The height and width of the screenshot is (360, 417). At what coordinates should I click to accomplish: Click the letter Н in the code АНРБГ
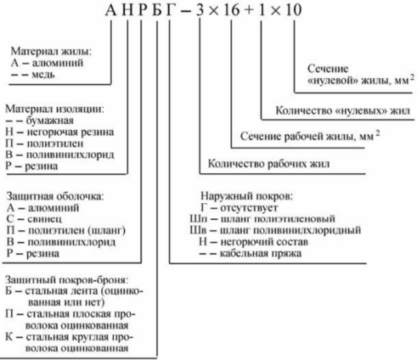tap(128, 10)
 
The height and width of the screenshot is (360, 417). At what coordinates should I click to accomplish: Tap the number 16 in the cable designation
tap(232, 10)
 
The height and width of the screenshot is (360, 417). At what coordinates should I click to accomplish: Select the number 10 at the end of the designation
tap(294, 10)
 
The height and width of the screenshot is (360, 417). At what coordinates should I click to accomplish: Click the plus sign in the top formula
tap(249, 11)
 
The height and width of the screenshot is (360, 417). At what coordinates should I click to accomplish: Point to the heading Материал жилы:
tap(51, 51)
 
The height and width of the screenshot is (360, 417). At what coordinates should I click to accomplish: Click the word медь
tap(43, 75)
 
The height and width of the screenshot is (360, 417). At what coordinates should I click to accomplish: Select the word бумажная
tap(50, 121)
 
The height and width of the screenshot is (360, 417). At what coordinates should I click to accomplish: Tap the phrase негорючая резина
tap(70, 132)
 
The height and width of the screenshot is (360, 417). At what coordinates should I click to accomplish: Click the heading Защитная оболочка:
tap(55, 196)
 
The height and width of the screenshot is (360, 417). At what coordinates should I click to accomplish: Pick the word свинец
tap(44, 219)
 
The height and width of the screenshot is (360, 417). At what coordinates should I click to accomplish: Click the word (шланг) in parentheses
tap(106, 230)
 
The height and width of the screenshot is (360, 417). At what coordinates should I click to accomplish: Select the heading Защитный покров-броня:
tap(66, 280)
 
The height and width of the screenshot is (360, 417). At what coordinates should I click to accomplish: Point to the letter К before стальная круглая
tap(9, 337)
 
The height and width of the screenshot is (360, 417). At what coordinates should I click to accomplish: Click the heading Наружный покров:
tap(246, 196)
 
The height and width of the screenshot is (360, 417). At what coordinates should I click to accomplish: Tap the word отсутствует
tap(249, 208)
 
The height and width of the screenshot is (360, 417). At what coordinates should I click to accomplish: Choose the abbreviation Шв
tap(198, 230)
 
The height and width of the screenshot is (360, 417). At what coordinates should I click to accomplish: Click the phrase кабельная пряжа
tap(261, 253)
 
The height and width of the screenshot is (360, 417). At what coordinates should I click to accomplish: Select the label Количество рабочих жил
tap(268, 164)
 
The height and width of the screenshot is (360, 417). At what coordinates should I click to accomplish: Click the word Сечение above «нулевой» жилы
tap(328, 69)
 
